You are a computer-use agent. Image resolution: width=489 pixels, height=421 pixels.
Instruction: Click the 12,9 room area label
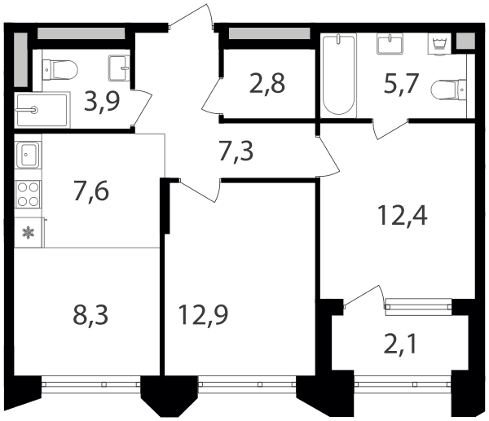coord(203,315)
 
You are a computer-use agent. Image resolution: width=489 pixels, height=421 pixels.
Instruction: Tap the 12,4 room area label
coord(402,216)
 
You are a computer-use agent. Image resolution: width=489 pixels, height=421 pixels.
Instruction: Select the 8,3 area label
coord(90,315)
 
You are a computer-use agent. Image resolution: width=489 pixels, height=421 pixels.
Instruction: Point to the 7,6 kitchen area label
coord(91,191)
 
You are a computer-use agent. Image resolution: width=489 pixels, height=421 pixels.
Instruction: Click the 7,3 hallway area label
coord(236,151)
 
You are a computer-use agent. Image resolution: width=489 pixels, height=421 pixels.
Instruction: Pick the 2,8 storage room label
coord(267,84)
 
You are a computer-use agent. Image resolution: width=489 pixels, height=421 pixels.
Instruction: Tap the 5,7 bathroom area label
coord(401,84)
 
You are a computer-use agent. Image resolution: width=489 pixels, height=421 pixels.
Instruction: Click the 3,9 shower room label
coord(102,102)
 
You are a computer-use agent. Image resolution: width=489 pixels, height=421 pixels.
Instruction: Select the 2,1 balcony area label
coord(400,344)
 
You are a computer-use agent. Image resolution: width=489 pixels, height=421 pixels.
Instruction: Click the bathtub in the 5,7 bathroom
coord(339,76)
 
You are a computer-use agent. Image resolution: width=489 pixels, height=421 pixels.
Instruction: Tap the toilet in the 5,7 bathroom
coord(449,90)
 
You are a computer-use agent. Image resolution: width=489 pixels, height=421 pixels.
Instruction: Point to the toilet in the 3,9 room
coord(59,70)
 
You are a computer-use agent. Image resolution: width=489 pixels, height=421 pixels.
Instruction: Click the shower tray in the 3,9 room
coord(42,110)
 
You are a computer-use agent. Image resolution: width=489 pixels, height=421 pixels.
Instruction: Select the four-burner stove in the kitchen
coord(28,195)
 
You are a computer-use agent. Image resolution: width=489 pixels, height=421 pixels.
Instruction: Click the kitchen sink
coord(28,155)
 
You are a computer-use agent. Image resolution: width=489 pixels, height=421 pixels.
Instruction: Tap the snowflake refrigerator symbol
coord(28,232)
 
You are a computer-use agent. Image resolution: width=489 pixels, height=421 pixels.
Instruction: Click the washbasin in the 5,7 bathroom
coord(390,44)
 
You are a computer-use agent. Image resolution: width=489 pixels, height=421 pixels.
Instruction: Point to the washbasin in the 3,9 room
coord(119,68)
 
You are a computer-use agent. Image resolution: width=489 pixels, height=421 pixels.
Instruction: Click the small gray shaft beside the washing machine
coord(465,41)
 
